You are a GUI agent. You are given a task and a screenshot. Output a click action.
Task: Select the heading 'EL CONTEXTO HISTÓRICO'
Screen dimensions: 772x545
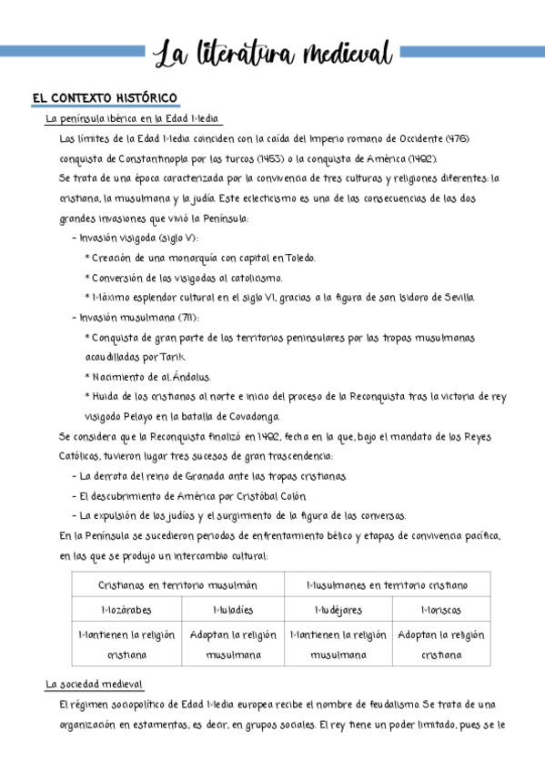coord(104,98)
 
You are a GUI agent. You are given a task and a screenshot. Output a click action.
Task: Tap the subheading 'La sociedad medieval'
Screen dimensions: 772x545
coord(95,684)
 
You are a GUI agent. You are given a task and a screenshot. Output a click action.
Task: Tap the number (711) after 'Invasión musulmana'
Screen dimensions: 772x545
coord(187,318)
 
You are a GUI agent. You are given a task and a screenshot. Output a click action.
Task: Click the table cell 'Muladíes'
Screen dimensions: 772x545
coord(233,609)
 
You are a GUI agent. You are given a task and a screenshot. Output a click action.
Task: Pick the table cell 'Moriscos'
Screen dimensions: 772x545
coord(440,609)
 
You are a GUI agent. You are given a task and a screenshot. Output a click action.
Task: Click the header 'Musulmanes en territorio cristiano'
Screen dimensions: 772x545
coord(388,584)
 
